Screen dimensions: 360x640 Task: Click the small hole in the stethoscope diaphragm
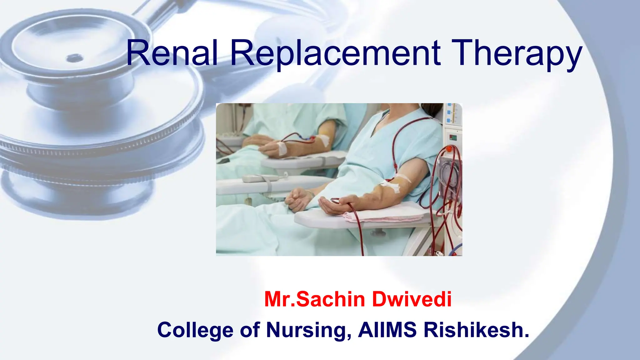click(74, 58)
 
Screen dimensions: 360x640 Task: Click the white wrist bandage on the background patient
click(282, 148)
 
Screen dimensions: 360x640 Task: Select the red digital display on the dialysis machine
click(453, 137)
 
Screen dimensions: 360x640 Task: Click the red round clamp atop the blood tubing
click(449, 149)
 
